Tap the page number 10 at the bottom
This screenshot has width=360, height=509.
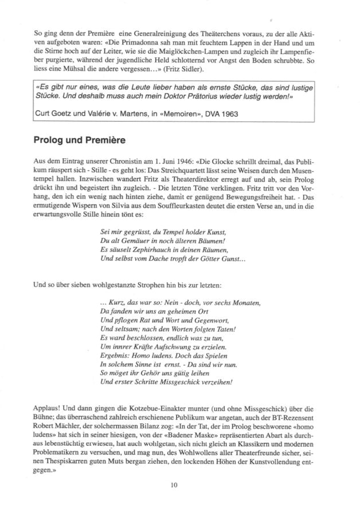pyautogui.click(x=174, y=485)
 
